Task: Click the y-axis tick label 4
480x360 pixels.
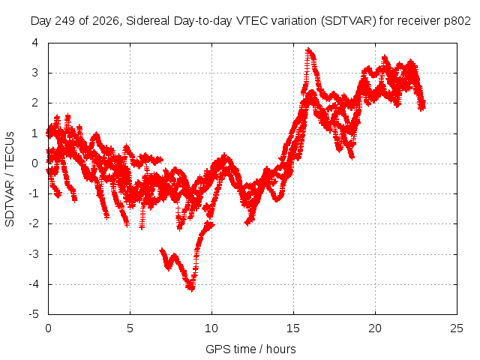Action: tap(35, 43)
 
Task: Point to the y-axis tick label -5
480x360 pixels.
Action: tap(33, 314)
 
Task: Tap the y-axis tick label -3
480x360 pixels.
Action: tap(33, 254)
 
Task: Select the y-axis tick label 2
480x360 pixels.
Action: tap(35, 103)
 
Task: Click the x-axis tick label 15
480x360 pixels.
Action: tap(293, 328)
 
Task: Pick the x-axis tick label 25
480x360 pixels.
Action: tap(457, 328)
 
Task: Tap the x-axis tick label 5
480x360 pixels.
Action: tap(130, 328)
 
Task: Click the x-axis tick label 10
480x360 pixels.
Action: tap(211, 328)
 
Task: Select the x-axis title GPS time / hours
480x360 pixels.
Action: tap(250, 349)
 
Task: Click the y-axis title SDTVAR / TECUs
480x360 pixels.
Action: tap(10, 179)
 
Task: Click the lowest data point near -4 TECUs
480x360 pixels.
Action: tap(191, 289)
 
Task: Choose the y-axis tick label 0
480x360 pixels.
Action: tap(35, 163)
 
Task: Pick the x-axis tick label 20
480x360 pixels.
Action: tap(375, 328)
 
